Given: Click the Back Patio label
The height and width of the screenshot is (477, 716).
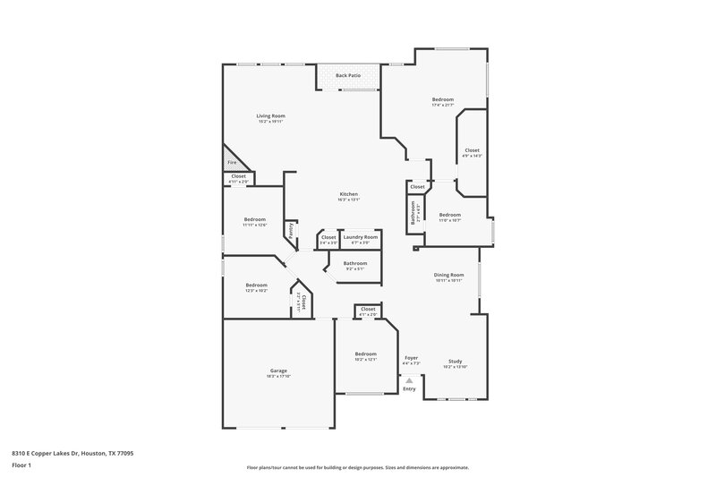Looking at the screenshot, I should [348, 76].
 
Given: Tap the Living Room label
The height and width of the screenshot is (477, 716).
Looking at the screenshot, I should [270, 116].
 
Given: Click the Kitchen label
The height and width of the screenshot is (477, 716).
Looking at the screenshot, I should [348, 195].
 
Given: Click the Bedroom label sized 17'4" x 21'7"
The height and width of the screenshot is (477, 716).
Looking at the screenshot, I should [443, 99].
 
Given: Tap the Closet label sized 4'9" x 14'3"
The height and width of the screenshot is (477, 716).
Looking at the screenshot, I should [472, 151].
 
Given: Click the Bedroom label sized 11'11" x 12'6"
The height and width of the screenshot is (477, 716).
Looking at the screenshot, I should [255, 220].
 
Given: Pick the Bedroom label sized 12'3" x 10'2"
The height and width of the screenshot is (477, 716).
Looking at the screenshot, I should [257, 285].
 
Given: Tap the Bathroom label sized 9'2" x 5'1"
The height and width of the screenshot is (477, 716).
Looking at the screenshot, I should [355, 264].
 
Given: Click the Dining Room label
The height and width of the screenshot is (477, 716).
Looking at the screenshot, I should [448, 276].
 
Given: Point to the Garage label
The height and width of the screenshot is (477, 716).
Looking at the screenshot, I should [278, 371].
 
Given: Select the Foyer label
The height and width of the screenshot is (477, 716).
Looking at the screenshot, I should [412, 358].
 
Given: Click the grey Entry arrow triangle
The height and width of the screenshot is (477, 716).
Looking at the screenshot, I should [409, 380].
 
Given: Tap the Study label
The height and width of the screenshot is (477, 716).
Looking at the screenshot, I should [455, 362].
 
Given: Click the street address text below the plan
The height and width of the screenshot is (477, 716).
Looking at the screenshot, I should [67, 454].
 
